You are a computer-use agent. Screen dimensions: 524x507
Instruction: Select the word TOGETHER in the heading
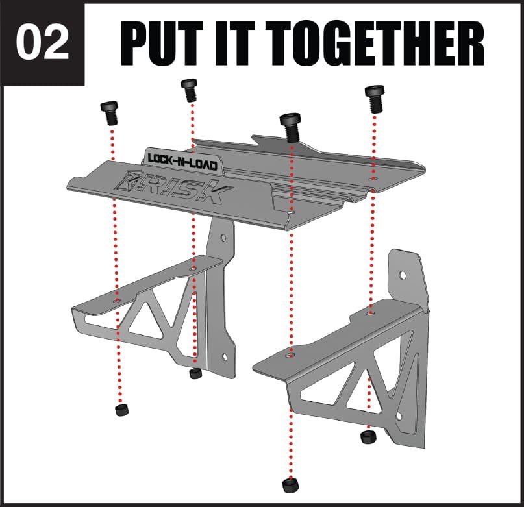(375, 43)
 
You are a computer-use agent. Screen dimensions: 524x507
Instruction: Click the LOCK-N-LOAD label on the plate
(182, 162)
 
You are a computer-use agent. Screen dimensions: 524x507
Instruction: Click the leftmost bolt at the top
(109, 113)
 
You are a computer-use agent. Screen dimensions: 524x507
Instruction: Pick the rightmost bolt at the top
(375, 99)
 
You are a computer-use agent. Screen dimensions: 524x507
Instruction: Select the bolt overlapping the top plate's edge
(290, 128)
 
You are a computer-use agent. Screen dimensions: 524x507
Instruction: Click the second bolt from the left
(189, 90)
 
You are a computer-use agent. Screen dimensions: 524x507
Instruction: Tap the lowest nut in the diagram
(290, 486)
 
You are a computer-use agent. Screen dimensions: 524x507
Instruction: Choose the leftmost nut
(122, 410)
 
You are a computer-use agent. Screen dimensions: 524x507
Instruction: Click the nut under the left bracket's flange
(195, 373)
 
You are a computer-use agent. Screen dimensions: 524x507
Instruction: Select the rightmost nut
(368, 437)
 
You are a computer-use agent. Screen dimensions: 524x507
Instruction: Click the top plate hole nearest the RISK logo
(292, 212)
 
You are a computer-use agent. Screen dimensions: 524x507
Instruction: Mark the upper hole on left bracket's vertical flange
(223, 238)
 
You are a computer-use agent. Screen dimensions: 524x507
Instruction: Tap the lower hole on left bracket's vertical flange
(225, 357)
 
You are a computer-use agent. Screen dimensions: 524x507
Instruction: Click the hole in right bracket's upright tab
(403, 275)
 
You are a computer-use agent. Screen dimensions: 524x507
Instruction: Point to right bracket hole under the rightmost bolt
(371, 314)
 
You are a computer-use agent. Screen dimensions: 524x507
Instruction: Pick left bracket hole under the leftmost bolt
(117, 301)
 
